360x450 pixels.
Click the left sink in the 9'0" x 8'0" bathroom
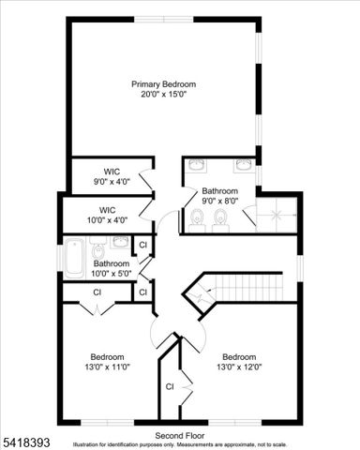198,165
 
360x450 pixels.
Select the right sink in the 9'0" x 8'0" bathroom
244,165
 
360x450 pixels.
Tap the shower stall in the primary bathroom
277,216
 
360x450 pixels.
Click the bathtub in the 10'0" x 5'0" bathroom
74,257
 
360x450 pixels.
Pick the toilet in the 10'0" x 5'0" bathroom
98,251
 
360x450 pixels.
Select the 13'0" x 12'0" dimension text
240,367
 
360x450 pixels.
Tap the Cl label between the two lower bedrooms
171,386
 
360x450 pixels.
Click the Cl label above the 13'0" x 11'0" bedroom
97,292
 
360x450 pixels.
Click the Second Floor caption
180,436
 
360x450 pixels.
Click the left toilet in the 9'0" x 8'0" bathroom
198,219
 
